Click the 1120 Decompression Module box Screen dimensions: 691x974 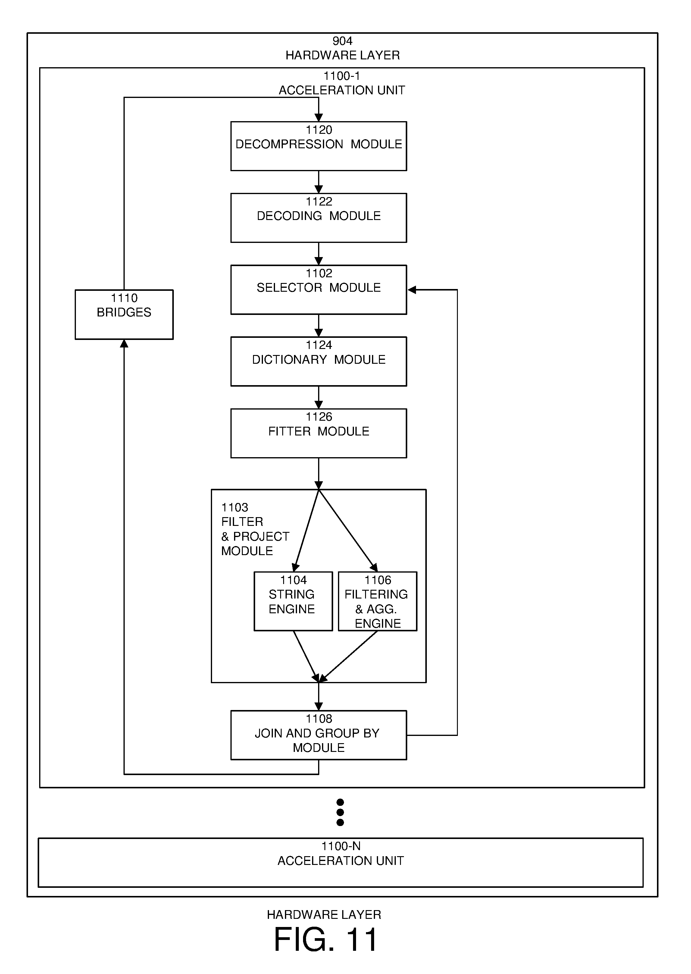tap(318, 146)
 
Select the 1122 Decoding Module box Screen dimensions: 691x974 tap(318, 218)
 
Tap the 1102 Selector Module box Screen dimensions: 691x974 tap(318, 290)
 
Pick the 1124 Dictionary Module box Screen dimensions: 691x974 tap(318, 361)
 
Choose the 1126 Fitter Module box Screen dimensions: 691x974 tap(318, 433)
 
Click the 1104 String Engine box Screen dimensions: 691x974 tap(293, 601)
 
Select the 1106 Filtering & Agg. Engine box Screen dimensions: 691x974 tap(377, 601)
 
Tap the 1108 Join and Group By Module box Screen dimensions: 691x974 tap(318, 735)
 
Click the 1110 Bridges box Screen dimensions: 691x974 tap(124, 315)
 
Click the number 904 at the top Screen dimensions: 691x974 tap(342, 41)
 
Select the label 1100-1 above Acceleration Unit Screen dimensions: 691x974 tap(342, 76)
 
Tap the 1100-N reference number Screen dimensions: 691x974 tap(341, 846)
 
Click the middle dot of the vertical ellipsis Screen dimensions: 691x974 tap(340, 812)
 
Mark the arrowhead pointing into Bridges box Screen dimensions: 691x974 tap(124, 344)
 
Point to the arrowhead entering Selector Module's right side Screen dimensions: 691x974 tap(411, 290)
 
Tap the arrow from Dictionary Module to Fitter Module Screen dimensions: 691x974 tap(318, 397)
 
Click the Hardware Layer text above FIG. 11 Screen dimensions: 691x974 tap(324, 914)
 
